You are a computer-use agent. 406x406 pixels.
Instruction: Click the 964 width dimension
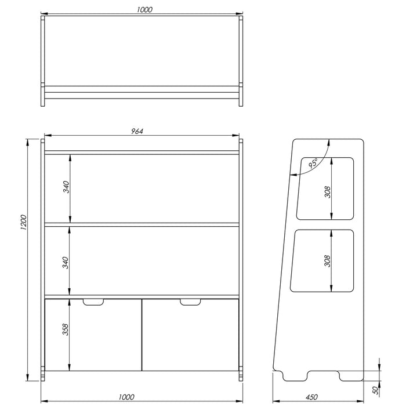137,131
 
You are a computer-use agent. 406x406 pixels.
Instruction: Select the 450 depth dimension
311,397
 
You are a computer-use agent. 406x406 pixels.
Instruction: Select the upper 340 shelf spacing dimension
66,187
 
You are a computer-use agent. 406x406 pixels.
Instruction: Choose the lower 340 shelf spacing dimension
66,262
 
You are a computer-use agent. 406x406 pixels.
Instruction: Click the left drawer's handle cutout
93,302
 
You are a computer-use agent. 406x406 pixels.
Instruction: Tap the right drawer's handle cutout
190,302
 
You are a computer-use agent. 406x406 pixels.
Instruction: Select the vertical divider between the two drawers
142,335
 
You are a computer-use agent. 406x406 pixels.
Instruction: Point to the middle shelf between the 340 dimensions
142,224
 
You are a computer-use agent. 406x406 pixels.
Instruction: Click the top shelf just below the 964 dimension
142,153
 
